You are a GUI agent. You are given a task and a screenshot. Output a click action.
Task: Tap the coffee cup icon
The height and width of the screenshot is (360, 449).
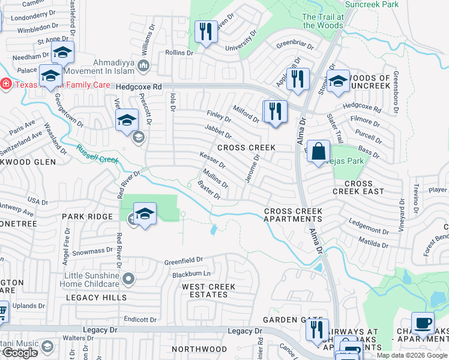[423, 323]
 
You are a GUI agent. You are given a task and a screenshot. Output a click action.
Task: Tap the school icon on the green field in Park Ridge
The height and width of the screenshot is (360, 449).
[145, 215]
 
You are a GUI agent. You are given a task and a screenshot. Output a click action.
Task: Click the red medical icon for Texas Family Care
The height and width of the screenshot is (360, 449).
[5, 84]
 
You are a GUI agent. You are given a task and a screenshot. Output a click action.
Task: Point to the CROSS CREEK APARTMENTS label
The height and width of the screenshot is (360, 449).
[293, 215]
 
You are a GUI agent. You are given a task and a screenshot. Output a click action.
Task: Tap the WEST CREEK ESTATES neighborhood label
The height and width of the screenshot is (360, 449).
[209, 291]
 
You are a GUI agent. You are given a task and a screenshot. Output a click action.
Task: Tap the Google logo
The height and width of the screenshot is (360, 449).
[19, 353]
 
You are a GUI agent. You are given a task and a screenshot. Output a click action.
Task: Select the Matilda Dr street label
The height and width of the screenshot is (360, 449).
[370, 244]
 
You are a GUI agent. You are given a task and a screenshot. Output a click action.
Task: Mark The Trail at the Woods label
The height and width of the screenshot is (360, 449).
[323, 22]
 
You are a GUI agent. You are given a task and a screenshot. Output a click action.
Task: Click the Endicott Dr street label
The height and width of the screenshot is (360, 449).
[140, 320]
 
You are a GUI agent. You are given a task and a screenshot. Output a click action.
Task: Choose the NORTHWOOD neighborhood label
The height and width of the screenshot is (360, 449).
[199, 349]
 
